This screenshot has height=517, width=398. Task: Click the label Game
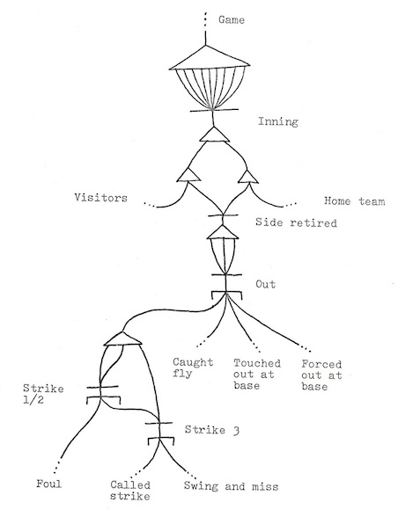232,19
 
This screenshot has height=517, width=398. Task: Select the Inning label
278,121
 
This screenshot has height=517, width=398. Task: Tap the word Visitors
100,198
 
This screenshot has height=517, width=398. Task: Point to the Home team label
354,200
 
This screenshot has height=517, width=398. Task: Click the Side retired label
296,222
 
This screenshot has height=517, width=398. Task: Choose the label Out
266,284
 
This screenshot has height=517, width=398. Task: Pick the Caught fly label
193,368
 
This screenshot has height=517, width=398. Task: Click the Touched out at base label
257,375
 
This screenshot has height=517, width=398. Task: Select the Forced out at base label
321,375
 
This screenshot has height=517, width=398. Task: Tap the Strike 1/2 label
43,394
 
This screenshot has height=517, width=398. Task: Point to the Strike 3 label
212,430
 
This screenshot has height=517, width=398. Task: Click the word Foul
49,484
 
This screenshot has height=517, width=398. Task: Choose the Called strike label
130,490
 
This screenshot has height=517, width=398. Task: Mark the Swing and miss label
232,486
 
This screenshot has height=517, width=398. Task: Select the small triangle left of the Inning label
214,135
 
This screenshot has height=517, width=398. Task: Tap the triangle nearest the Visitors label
188,175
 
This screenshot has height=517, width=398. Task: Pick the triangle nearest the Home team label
248,176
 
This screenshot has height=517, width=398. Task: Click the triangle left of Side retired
223,232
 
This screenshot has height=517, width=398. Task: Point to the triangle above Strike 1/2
122,339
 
